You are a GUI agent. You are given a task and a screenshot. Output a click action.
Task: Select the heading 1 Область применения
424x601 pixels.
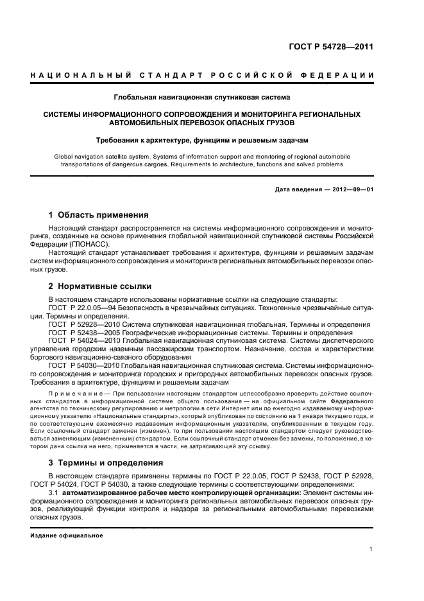coord(99,215)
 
